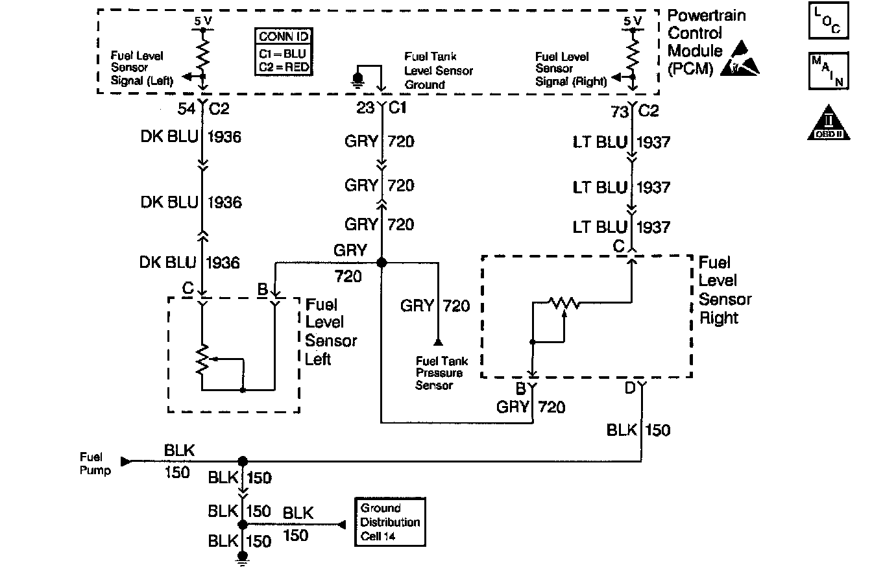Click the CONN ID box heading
click(284, 36)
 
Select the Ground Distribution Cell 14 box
click(390, 522)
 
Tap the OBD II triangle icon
click(829, 123)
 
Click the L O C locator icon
click(829, 21)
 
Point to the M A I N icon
click(829, 71)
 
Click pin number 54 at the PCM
click(187, 110)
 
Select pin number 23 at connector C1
click(365, 109)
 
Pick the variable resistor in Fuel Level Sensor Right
click(563, 302)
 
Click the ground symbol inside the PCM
click(356, 79)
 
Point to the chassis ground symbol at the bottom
click(243, 558)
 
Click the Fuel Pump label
click(95, 464)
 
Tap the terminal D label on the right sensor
click(630, 389)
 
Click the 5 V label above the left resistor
click(202, 21)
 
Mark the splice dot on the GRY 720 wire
click(381, 262)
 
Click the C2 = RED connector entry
click(284, 66)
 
